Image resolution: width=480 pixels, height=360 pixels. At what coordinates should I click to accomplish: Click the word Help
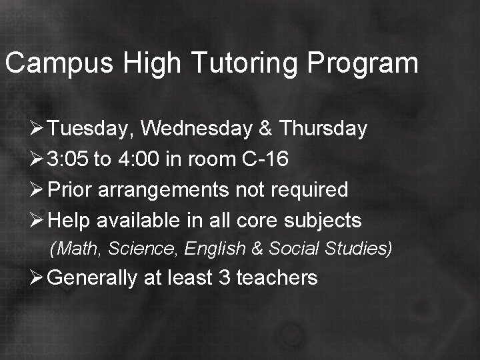pos(69,220)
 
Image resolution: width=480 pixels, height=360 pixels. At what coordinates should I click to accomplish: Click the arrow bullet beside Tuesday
pos(38,129)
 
